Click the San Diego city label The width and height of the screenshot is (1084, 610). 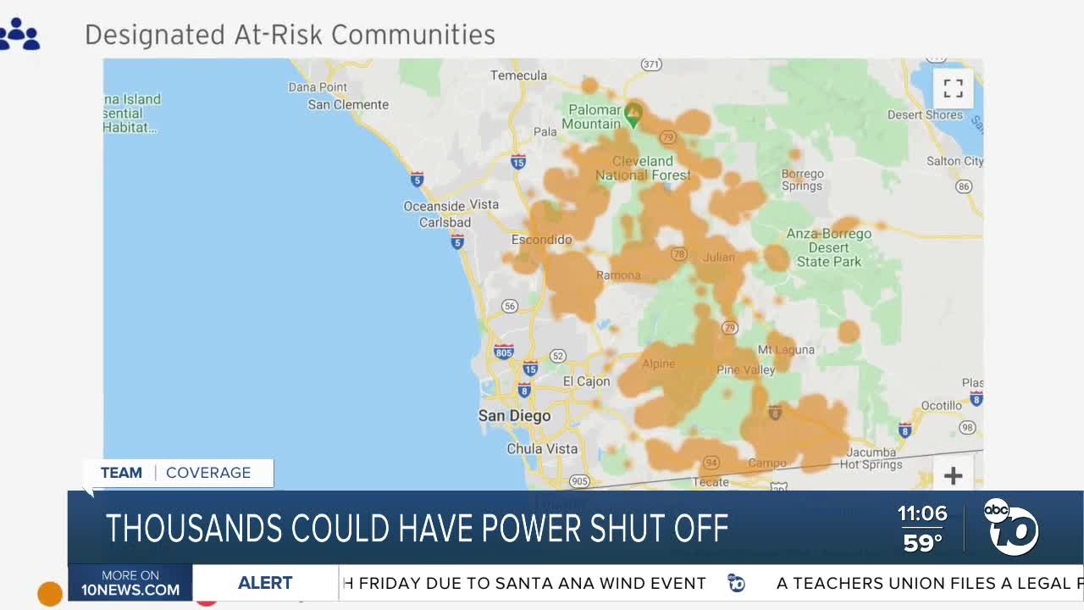(x=514, y=416)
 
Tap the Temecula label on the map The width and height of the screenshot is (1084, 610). (x=518, y=75)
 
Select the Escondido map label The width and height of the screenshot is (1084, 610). (x=541, y=240)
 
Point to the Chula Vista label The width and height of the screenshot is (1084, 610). (x=542, y=449)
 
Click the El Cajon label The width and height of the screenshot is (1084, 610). (x=586, y=381)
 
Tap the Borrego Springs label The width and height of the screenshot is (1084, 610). (x=802, y=180)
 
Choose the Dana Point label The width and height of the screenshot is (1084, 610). (x=318, y=86)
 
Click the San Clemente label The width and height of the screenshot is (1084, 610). (x=348, y=105)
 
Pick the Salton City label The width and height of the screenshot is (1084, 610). (x=954, y=161)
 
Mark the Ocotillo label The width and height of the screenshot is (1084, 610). (x=941, y=406)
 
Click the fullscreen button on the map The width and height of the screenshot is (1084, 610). (x=953, y=88)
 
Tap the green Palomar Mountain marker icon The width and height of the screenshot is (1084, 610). (x=633, y=112)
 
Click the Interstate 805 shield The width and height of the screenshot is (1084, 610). (x=504, y=351)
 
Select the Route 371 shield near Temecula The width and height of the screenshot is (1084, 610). (x=650, y=64)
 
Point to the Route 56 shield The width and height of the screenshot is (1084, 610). (x=509, y=306)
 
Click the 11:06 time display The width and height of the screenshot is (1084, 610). (x=922, y=513)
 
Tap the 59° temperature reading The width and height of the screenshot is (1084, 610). (x=922, y=542)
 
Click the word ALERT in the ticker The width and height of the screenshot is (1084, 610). (x=265, y=583)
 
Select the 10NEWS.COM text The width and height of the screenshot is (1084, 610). (x=130, y=591)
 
